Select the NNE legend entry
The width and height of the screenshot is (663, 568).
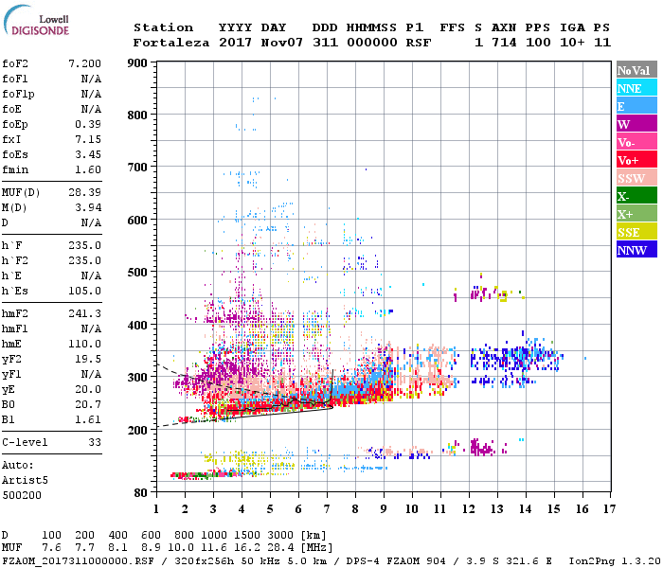pos(636,88)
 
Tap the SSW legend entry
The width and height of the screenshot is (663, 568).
pos(636,178)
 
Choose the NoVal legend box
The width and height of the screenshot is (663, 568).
pos(636,70)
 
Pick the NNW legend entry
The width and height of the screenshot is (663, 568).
pos(636,250)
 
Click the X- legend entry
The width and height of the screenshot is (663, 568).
pos(636,196)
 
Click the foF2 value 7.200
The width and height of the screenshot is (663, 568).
pos(84,62)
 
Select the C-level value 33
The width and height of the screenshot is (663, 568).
pos(95,443)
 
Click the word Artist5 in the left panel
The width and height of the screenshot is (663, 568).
pos(23,480)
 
